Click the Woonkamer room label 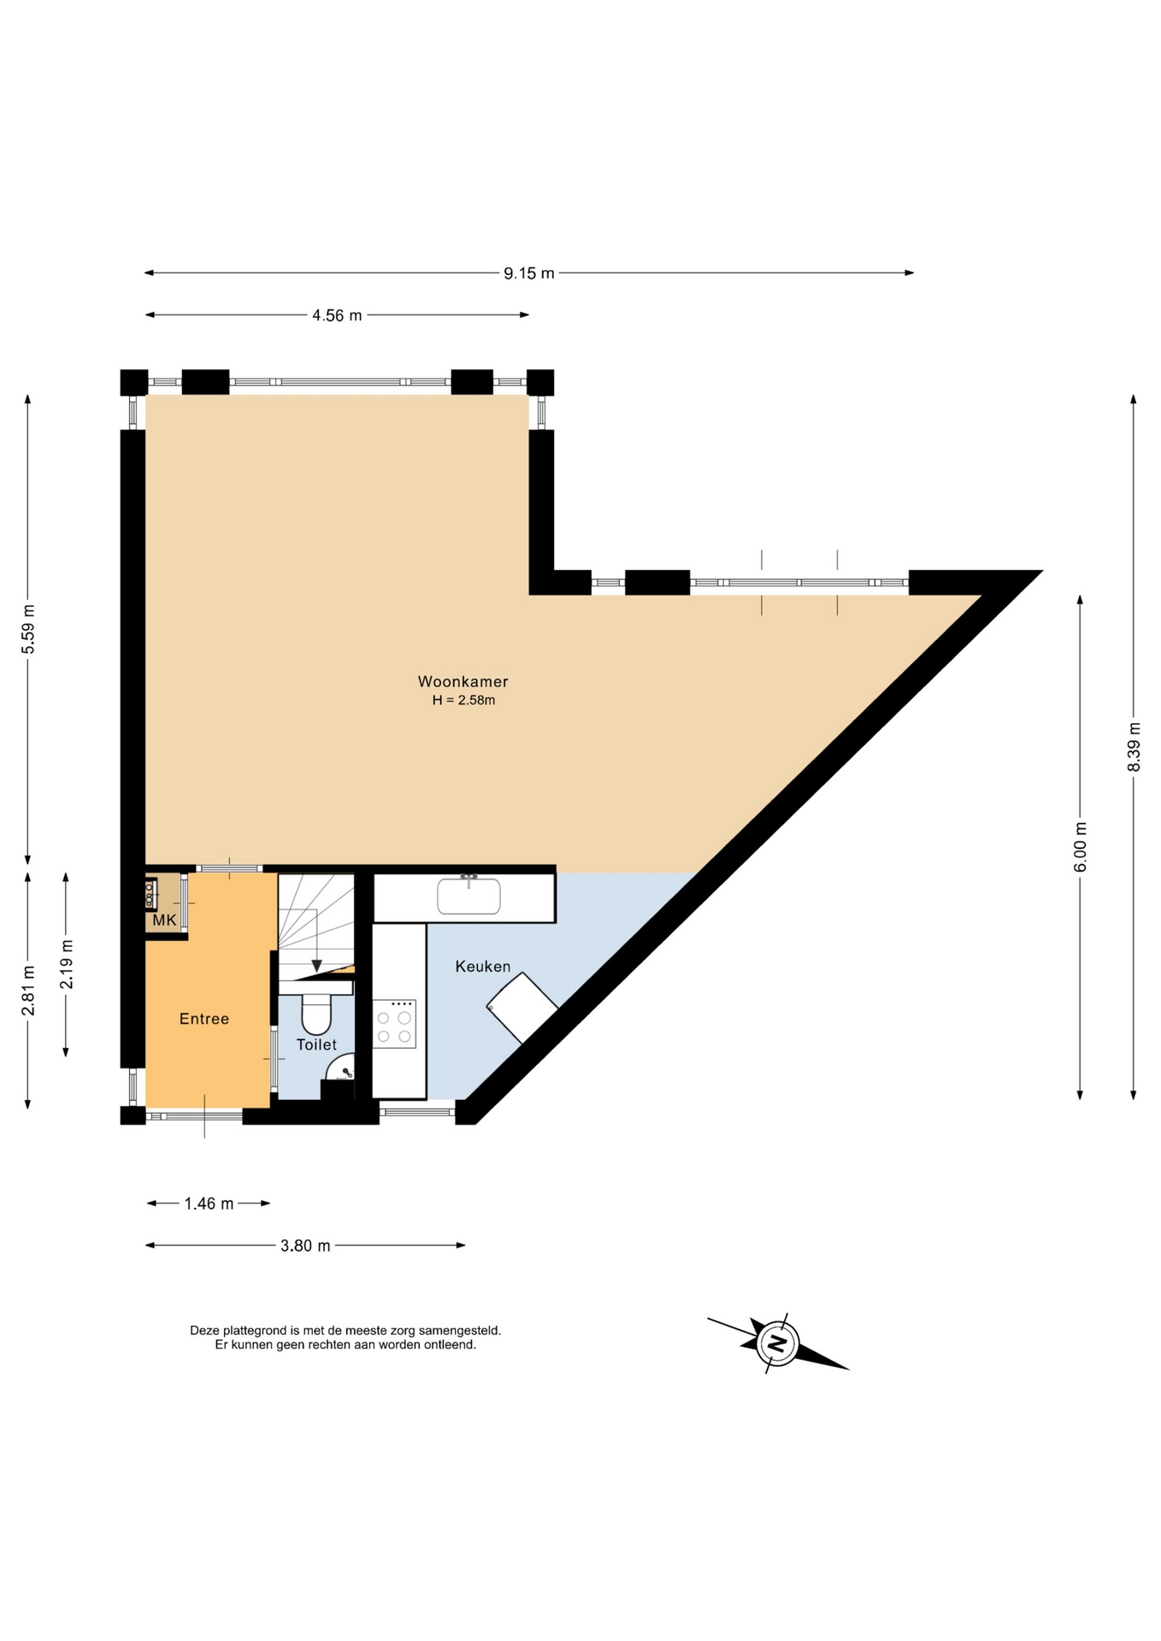click(x=463, y=681)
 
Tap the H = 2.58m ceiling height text click(x=463, y=700)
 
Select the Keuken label click(x=482, y=967)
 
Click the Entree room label click(x=204, y=1019)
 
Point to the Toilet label click(x=316, y=1044)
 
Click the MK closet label click(x=164, y=920)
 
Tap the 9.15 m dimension click(x=529, y=273)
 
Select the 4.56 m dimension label click(x=337, y=315)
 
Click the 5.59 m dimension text click(x=28, y=629)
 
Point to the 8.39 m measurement click(x=1134, y=747)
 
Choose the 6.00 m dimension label click(x=1081, y=847)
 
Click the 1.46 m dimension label click(x=209, y=1203)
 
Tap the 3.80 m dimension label click(x=305, y=1245)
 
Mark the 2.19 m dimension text click(x=67, y=964)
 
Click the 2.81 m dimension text click(x=28, y=991)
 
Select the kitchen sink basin click(x=469, y=896)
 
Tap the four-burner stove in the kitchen click(x=394, y=1024)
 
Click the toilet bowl click(x=316, y=1015)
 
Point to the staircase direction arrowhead click(x=316, y=967)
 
